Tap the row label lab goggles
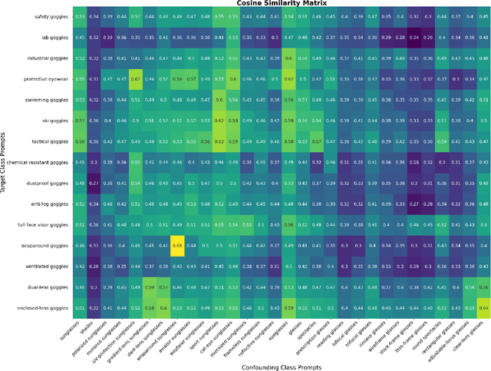pyautogui.click(x=51, y=37)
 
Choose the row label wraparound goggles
pyautogui.click(x=44, y=244)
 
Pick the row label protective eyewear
pyautogui.click(x=46, y=78)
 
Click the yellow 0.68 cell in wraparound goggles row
pyautogui.click(x=177, y=244)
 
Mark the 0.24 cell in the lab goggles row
pyautogui.click(x=414, y=37)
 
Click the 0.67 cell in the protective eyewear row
pyautogui.click(x=135, y=78)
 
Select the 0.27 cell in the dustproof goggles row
pyautogui.click(x=94, y=182)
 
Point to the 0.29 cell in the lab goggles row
pyautogui.click(x=107, y=37)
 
